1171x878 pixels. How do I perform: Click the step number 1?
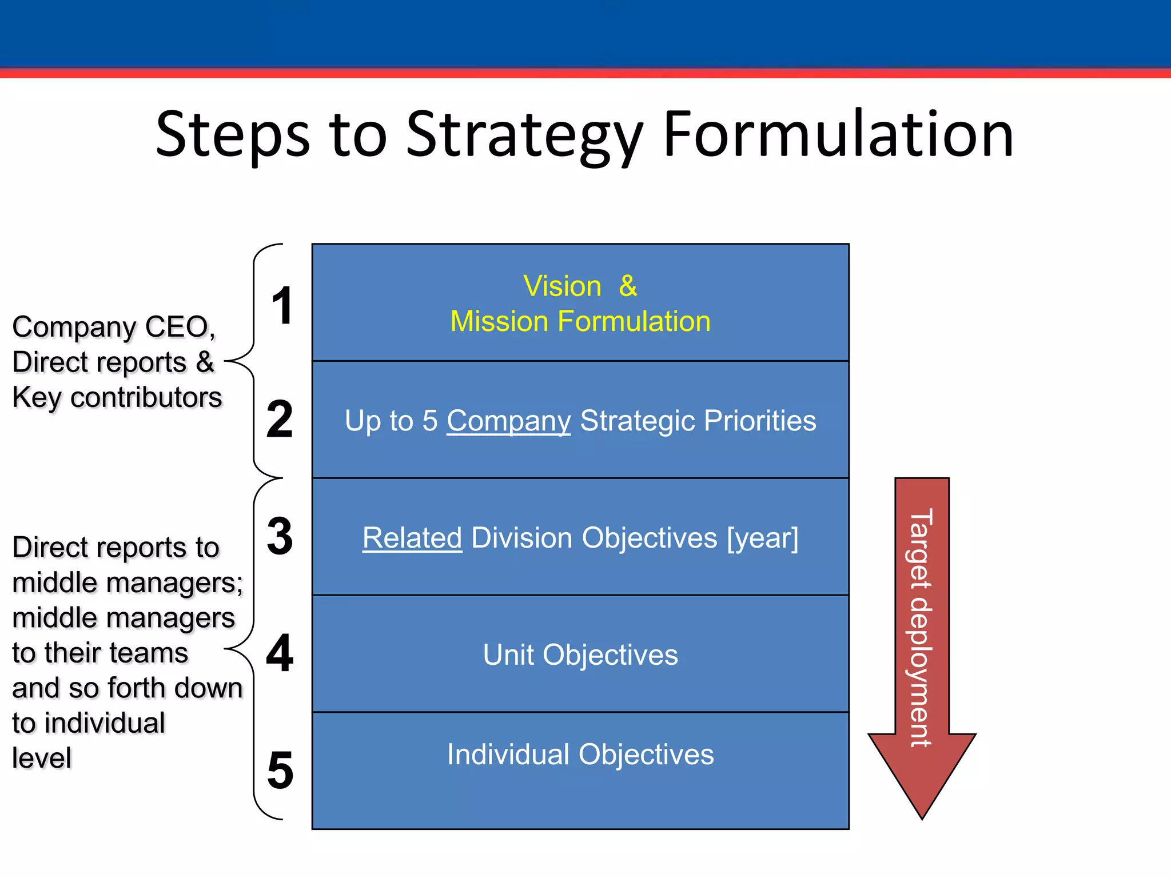point(282,306)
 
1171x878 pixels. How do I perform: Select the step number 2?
point(280,420)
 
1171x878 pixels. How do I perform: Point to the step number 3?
point(280,536)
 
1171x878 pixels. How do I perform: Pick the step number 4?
point(280,653)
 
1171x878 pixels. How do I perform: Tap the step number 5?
point(280,771)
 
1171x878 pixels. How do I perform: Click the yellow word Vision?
point(562,286)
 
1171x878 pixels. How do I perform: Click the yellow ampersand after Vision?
point(628,286)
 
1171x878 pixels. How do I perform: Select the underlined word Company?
point(508,421)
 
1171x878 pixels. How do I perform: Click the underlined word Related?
point(412,538)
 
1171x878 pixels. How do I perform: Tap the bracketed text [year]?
point(762,538)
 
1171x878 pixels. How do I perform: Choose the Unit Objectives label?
point(580,655)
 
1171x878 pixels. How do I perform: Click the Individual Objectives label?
point(580,755)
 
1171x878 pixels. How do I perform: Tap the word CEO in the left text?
point(179,328)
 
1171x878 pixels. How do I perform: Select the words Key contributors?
point(117,398)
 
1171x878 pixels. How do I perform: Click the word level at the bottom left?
point(42,759)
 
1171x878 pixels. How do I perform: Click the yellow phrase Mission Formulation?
point(580,321)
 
